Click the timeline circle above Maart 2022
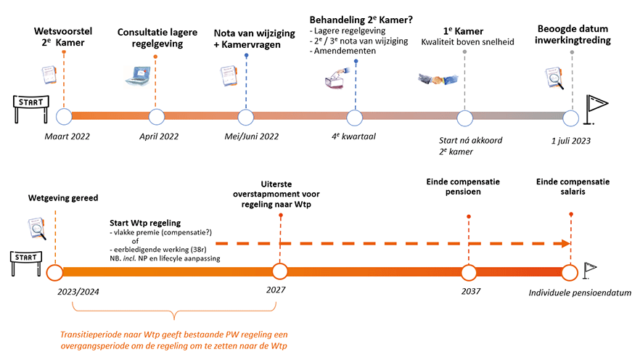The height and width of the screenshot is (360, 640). [x=64, y=116]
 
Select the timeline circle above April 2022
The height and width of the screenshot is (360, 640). [x=155, y=116]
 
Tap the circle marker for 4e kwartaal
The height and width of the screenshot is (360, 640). [x=355, y=116]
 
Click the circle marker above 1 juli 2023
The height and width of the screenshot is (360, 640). [x=571, y=116]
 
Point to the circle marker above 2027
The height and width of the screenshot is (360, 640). [x=280, y=272]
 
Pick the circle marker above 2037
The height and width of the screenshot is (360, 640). [x=469, y=272]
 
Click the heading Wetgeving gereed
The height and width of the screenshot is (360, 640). [x=63, y=197]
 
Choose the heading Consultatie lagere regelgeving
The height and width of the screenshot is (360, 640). [x=160, y=38]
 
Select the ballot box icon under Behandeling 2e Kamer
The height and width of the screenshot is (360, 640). [x=338, y=81]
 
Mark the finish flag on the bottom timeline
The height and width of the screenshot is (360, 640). [x=590, y=270]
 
